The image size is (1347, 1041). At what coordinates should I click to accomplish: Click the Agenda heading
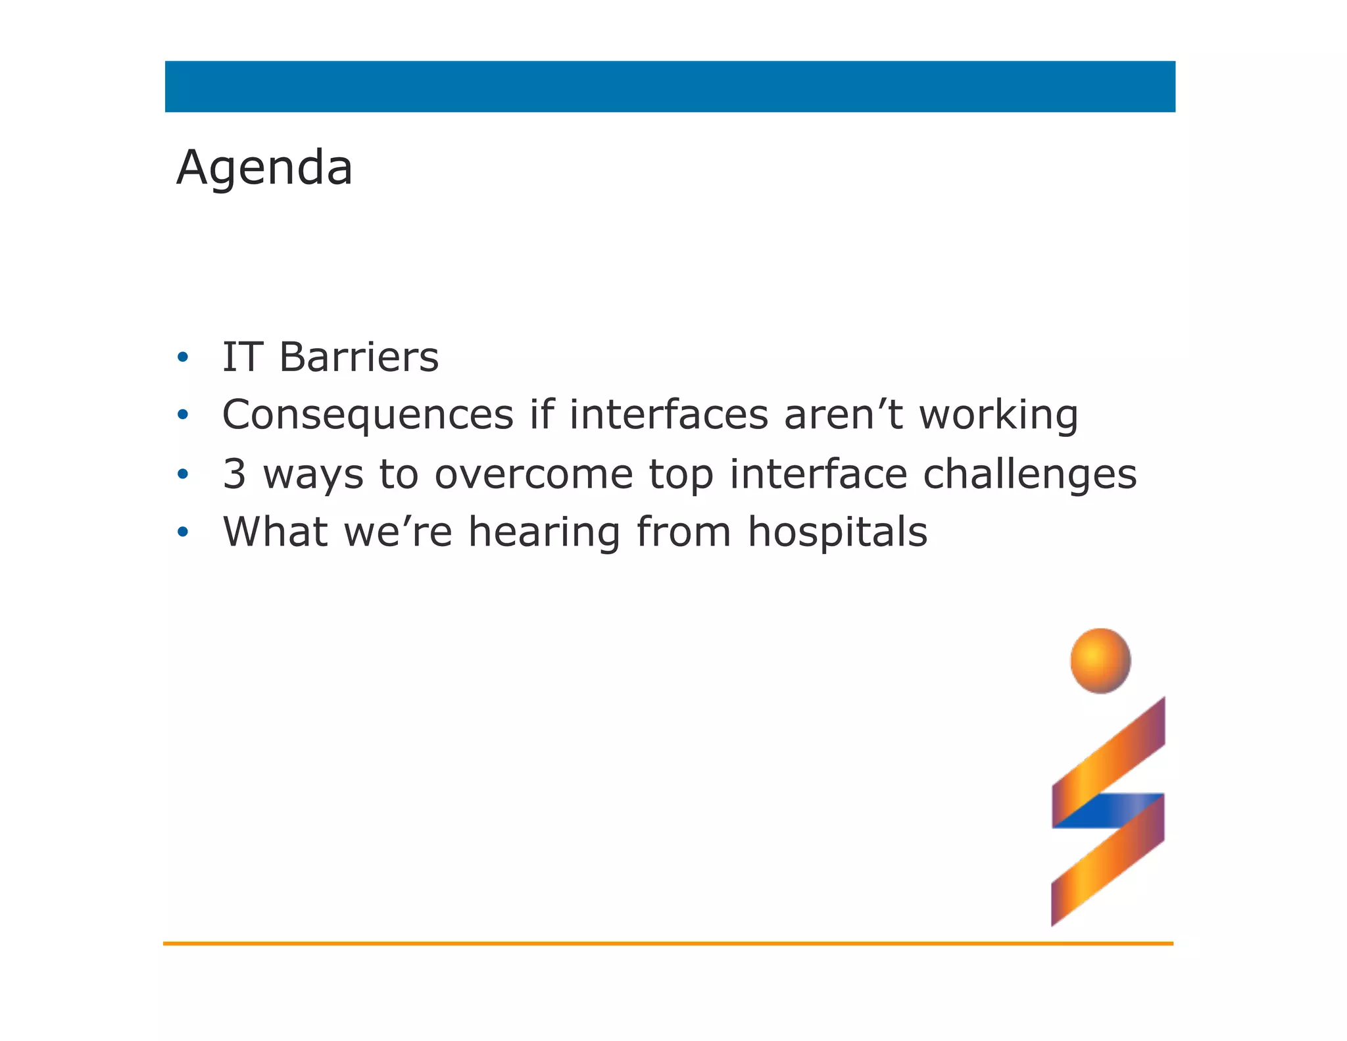point(264,168)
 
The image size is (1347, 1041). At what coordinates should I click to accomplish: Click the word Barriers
point(358,358)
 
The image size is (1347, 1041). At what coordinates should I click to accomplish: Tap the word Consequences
point(368,416)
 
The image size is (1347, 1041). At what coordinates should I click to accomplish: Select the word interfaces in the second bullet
point(668,416)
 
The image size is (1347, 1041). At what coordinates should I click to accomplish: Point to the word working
point(998,416)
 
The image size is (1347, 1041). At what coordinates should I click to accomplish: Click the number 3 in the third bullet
point(234,474)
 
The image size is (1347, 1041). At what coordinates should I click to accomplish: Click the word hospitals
point(837,532)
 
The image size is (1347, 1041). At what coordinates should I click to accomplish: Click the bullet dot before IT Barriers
point(183,358)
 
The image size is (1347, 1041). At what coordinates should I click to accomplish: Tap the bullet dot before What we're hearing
point(183,532)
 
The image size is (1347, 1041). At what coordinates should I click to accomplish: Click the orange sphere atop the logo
point(1100,660)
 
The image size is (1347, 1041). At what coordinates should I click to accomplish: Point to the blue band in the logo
point(1112,810)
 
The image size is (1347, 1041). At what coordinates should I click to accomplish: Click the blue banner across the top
point(670,87)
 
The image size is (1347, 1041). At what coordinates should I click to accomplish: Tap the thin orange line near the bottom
point(668,944)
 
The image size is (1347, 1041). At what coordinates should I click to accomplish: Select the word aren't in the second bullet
point(843,416)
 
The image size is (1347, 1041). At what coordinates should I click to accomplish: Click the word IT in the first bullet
point(242,358)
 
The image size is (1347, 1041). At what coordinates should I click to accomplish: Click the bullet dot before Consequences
point(183,415)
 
